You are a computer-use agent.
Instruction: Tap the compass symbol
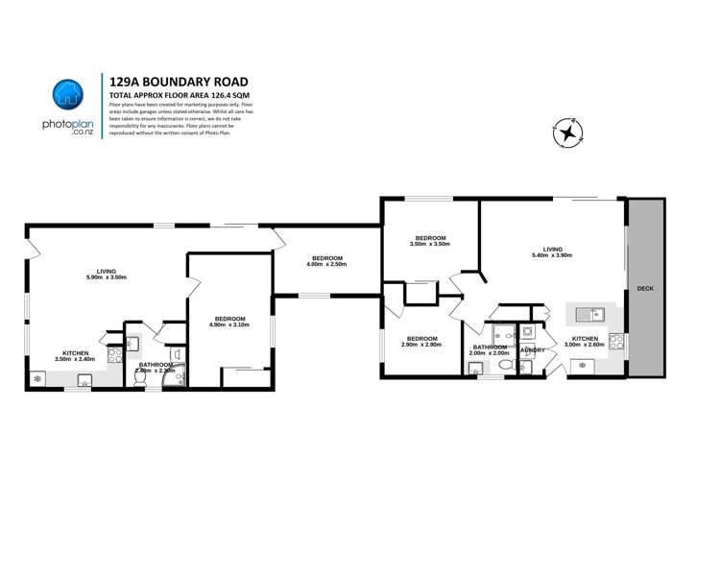click(568, 133)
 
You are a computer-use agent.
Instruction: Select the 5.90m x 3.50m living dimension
click(107, 277)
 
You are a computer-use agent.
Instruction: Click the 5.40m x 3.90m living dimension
click(551, 255)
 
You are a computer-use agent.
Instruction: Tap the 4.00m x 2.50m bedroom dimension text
click(326, 264)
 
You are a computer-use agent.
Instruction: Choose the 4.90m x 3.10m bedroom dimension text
click(229, 325)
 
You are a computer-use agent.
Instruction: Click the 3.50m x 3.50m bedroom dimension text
click(429, 244)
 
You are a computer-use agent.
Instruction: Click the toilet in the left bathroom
click(141, 379)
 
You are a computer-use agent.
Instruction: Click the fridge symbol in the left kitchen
click(37, 379)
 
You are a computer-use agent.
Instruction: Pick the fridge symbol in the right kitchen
click(582, 365)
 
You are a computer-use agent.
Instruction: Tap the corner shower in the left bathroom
click(173, 380)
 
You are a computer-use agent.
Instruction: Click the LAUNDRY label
click(533, 350)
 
